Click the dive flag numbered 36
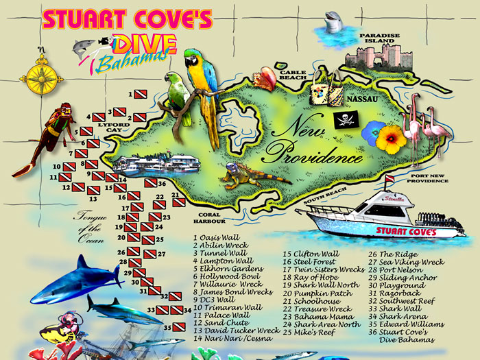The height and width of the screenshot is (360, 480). pos(150,183)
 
